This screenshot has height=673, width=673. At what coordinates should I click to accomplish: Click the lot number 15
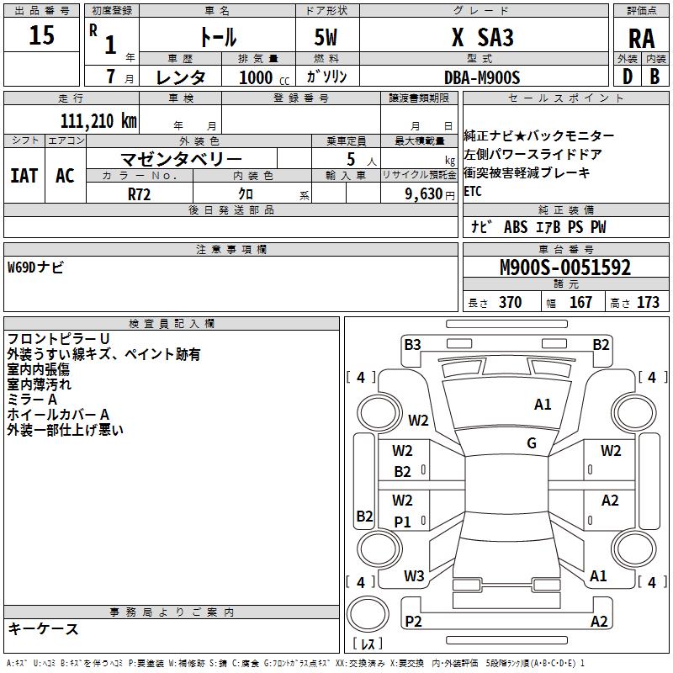[x=41, y=35]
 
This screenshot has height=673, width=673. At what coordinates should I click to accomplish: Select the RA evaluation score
[x=640, y=38]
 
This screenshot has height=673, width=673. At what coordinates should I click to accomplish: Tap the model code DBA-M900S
[x=482, y=77]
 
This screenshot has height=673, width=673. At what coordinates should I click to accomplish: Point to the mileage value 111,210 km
[x=98, y=120]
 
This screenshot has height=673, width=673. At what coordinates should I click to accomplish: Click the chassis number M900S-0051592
[x=564, y=268]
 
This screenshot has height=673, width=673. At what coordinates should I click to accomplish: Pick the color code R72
[x=140, y=193]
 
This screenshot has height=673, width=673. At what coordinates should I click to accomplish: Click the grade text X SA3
[x=482, y=38]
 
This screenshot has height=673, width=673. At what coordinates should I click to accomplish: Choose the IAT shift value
[x=24, y=175]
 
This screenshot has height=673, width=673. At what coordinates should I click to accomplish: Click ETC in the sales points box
[x=473, y=191]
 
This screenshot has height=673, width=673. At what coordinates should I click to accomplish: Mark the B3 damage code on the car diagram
[x=412, y=344]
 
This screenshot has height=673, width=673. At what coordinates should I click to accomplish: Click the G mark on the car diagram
[x=532, y=443]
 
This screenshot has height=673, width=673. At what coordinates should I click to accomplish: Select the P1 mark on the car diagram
[x=403, y=522]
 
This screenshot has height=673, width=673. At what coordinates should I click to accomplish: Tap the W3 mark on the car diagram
[x=414, y=576]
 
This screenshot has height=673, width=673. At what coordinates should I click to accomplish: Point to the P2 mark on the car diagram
[x=413, y=622]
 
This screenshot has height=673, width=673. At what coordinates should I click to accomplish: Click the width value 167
[x=580, y=303]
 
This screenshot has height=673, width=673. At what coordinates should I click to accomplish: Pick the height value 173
[x=648, y=303]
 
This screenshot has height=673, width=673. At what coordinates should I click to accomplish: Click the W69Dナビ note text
[x=35, y=268]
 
